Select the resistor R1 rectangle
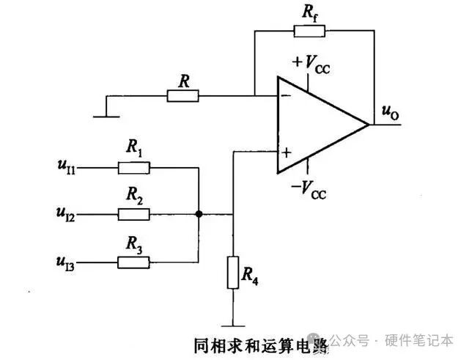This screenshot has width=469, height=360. (x=134, y=168)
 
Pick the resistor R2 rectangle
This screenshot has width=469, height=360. (x=134, y=214)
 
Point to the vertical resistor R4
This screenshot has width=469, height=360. (x=232, y=272)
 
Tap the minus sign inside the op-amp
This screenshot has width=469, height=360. (x=285, y=95)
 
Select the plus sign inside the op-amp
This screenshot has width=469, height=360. (x=286, y=153)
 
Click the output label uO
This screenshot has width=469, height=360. (x=391, y=112)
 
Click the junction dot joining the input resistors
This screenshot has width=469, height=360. (x=199, y=214)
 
